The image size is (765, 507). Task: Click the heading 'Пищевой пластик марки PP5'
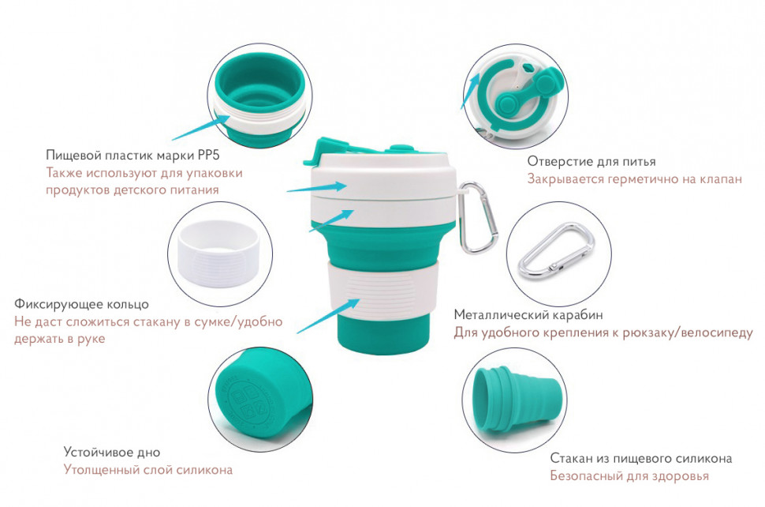(132, 156)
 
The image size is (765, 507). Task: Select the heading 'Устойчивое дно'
(112, 453)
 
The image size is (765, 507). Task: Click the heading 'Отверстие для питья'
(591, 162)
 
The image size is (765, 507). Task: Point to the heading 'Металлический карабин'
(528, 315)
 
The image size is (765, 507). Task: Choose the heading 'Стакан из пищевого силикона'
(641, 458)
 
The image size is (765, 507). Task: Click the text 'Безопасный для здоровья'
(629, 475)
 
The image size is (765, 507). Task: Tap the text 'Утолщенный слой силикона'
(148, 470)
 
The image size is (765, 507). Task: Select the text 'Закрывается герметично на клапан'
(634, 179)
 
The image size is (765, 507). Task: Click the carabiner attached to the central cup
(479, 218)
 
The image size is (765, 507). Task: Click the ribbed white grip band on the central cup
(383, 291)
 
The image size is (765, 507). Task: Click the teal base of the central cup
(383, 335)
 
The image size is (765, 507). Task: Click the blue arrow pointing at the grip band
(329, 316)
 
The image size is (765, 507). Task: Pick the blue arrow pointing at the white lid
(316, 187)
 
